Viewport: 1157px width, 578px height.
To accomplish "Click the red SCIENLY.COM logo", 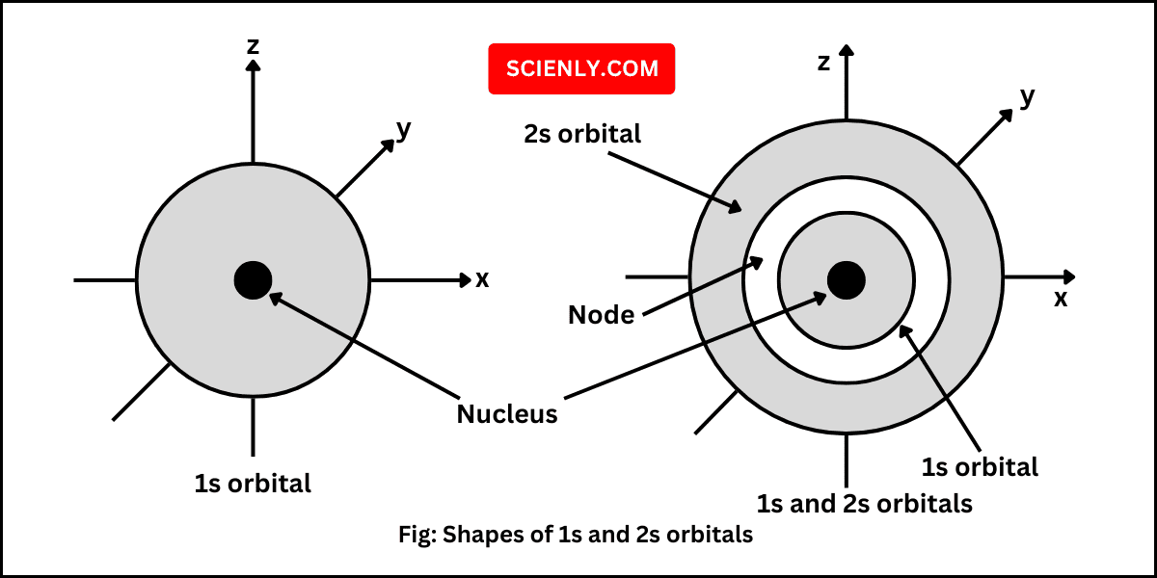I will coord(581,68).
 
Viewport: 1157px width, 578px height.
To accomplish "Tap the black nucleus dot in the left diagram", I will coord(253,279).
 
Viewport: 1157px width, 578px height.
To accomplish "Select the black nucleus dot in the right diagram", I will coord(847,279).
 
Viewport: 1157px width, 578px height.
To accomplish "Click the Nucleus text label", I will coord(507,414).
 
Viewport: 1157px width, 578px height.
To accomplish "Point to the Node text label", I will coord(601,315).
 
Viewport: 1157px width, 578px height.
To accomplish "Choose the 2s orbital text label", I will coord(582,134).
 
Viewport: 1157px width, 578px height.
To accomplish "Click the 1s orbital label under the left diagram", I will coord(253,483).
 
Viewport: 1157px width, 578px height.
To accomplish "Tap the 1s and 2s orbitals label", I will coord(864,503).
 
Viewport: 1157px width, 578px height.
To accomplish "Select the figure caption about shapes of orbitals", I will coord(576,535).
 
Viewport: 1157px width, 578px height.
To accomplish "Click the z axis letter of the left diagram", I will coord(253,45).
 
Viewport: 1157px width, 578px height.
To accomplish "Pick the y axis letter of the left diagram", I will coord(404,130).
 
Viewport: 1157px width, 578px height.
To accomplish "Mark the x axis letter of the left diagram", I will coord(482,279).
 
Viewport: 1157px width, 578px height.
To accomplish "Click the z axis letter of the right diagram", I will coord(823,63).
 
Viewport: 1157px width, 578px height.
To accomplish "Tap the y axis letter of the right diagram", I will coord(1027,96).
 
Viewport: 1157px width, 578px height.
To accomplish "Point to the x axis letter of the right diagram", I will coord(1061,299).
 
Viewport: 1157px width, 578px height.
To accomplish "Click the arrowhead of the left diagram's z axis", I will coord(253,66).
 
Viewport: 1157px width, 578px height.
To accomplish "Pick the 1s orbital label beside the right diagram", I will coord(980,467).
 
